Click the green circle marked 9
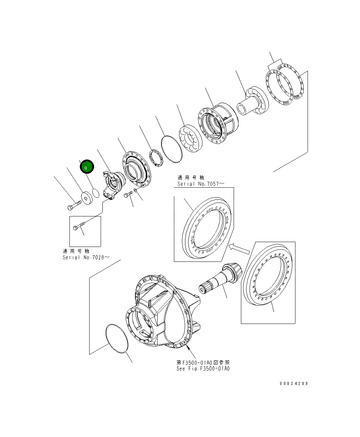tap(86, 167)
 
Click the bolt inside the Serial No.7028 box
tap(79, 226)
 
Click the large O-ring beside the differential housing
tap(117, 339)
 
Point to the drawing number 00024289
tap(293, 384)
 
